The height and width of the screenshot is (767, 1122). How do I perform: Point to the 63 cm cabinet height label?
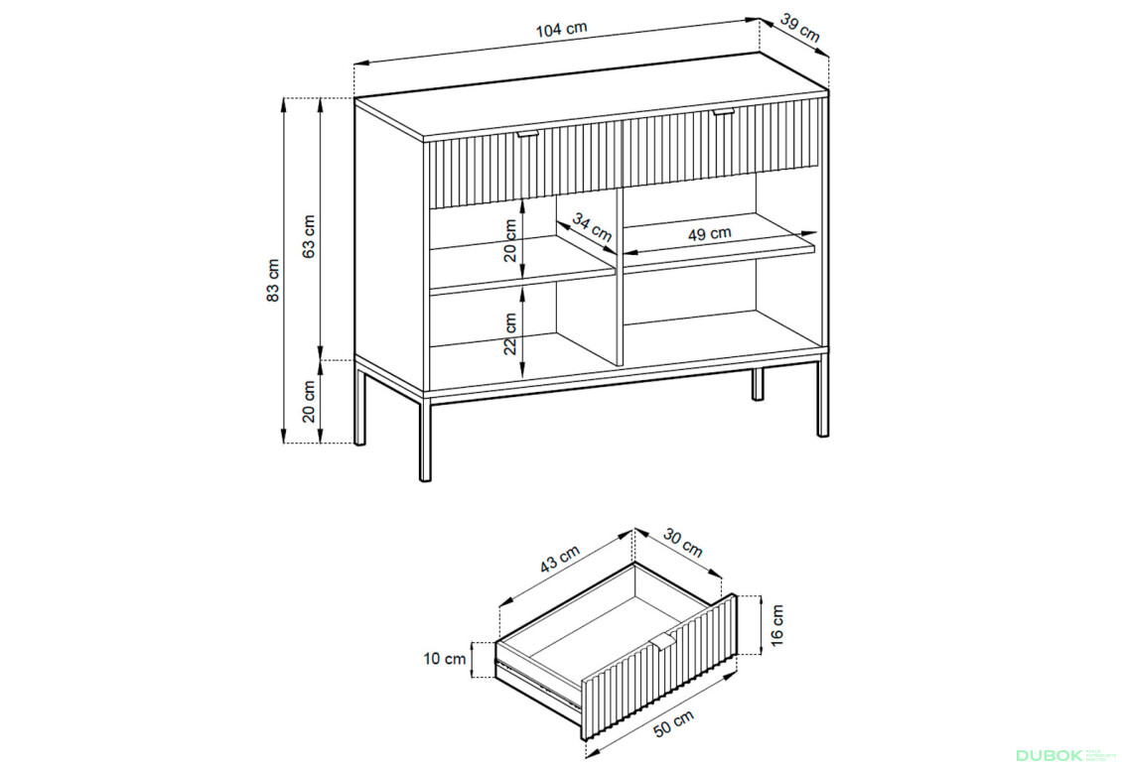point(310,236)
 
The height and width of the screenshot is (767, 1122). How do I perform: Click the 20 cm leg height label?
point(310,401)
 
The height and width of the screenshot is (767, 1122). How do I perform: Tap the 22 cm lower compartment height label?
point(510,333)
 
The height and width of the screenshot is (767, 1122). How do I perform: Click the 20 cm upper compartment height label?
point(510,239)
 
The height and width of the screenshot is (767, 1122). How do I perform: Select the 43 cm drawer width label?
point(561,561)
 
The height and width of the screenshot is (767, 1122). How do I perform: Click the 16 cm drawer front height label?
point(775,622)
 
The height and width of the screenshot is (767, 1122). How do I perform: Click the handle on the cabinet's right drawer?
point(723,112)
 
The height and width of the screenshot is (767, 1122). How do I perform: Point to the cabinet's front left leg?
point(426,440)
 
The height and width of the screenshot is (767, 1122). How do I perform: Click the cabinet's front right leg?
point(822,397)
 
